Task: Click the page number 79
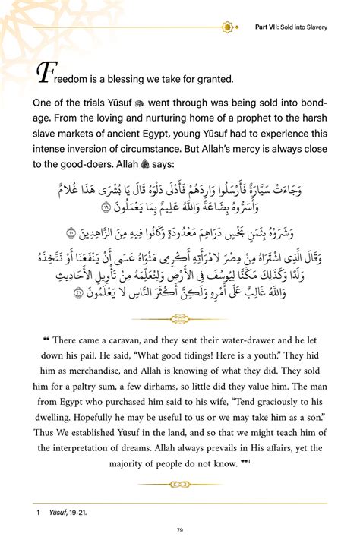point(180,530)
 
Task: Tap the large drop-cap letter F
point(43,74)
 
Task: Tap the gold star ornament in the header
point(225,27)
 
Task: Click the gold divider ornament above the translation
point(180,319)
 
